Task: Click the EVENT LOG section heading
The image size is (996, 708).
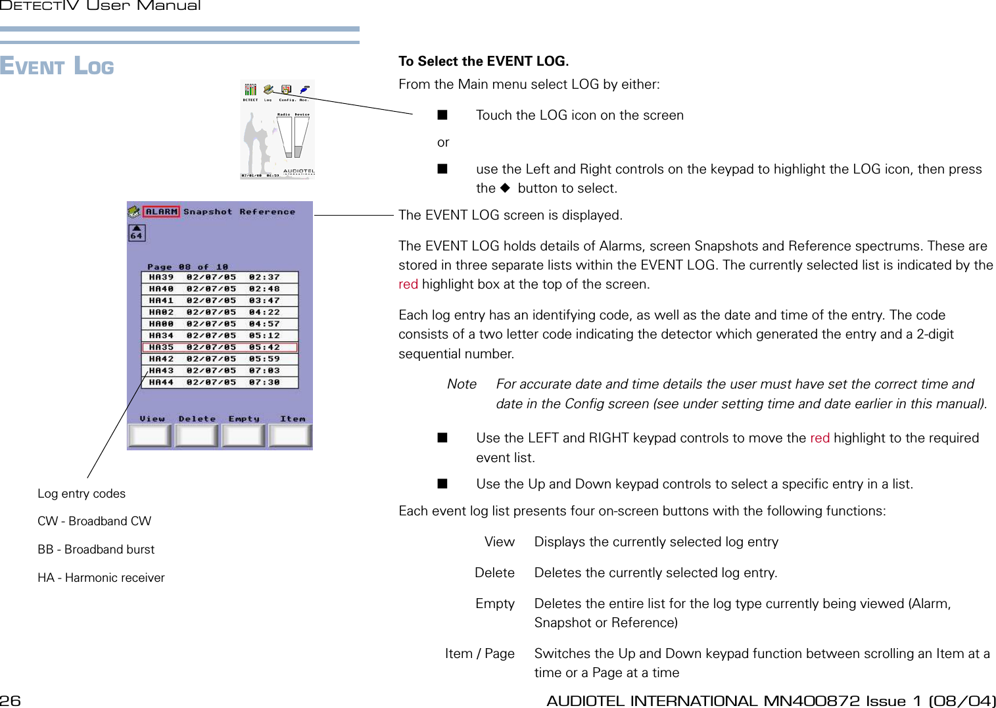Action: coord(57,66)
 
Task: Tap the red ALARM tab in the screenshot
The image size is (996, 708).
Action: coord(161,212)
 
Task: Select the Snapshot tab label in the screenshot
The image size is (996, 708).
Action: coord(208,212)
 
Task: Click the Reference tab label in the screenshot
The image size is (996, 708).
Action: coord(267,212)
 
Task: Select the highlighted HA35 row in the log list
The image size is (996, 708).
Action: coord(220,347)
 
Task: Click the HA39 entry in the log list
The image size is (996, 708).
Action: coord(161,277)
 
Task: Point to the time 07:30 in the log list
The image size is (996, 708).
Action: coord(264,382)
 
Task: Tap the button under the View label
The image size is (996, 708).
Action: coord(150,435)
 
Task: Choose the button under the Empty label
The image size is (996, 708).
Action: coord(244,435)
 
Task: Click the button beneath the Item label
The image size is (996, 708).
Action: coord(291,435)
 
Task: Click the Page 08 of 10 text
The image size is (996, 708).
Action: coord(187,267)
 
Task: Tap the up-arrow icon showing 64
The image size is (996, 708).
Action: coord(136,233)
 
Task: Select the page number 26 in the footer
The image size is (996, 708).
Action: coord(11,701)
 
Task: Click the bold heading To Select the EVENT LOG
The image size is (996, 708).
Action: coord(483,61)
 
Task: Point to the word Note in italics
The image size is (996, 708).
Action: coord(462,384)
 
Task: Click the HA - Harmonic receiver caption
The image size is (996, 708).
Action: coord(101,578)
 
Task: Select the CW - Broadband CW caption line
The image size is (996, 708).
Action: coord(94,521)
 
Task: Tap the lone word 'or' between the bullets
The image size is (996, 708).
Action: coord(443,142)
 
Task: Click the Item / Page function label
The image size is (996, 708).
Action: coord(479,653)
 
